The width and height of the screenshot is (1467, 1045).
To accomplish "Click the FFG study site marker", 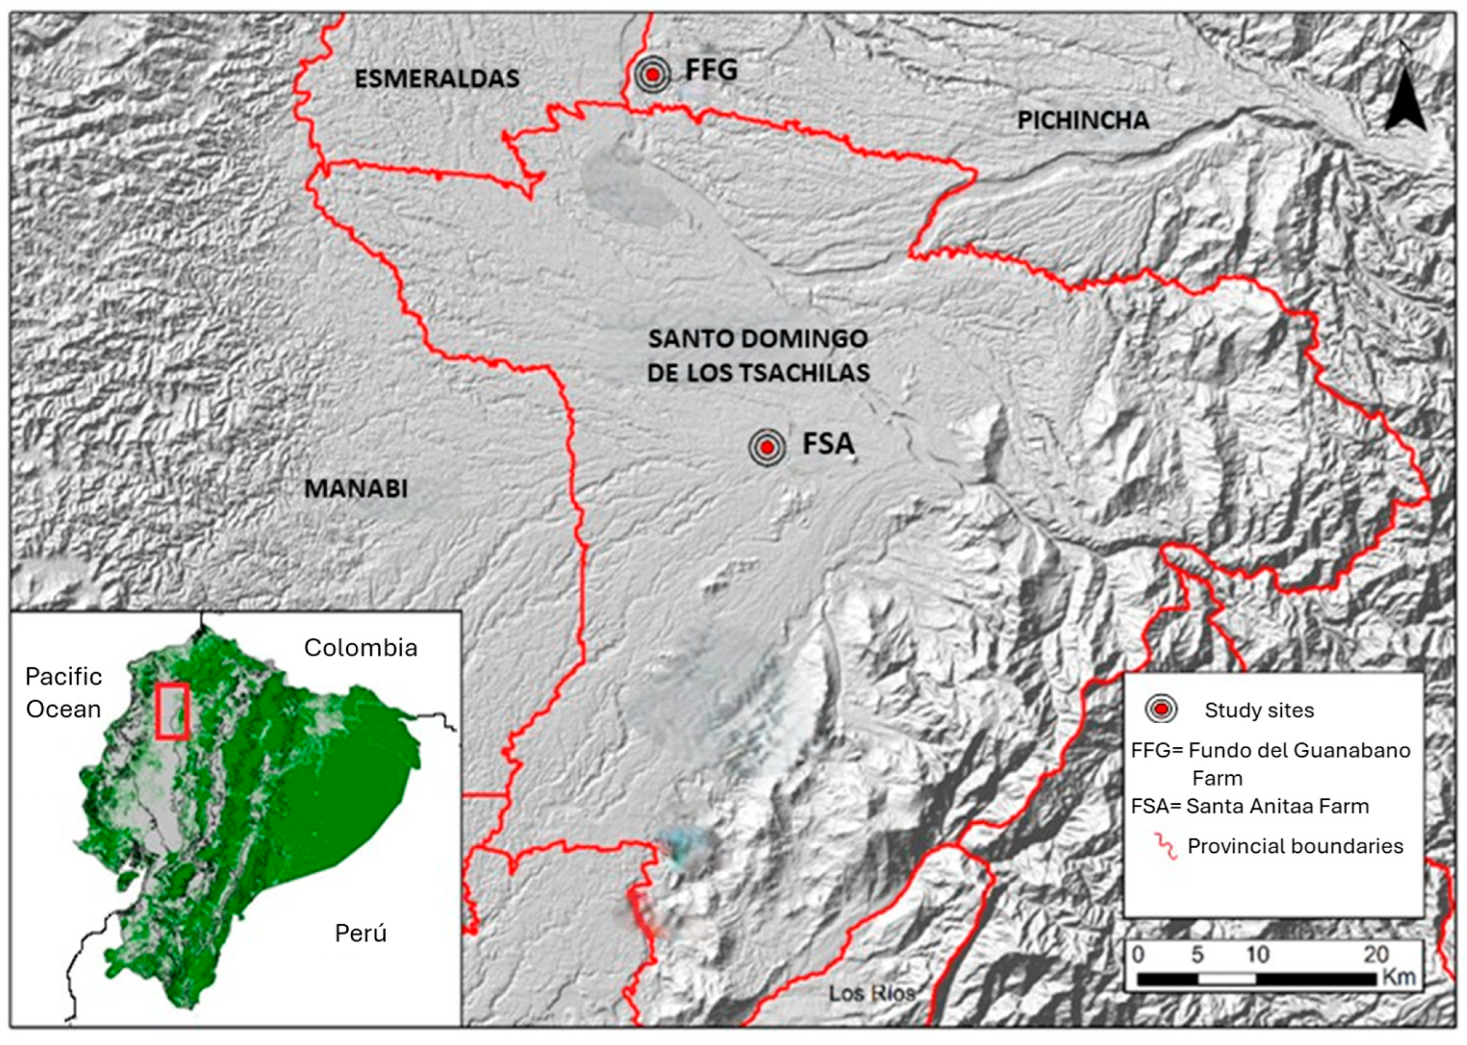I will pos(652,74).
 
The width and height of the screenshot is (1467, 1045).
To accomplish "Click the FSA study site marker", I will pos(767,447).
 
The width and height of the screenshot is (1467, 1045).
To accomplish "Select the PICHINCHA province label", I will pos(1083,120).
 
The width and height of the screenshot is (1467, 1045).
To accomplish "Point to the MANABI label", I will pos(355,488).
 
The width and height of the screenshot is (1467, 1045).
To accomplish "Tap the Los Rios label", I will pos(871,993).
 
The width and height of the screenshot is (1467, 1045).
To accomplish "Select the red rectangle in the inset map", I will pos(172,710).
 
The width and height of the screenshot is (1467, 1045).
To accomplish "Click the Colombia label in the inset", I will pos(361,647).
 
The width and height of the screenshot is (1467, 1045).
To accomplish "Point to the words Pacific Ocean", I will pos(63,693).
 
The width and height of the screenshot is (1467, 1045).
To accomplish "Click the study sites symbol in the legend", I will pos(1161,709).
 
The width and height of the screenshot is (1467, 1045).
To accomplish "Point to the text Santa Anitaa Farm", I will pos(1278,806).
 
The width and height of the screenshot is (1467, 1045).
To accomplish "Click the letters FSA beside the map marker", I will pos(828,444).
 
